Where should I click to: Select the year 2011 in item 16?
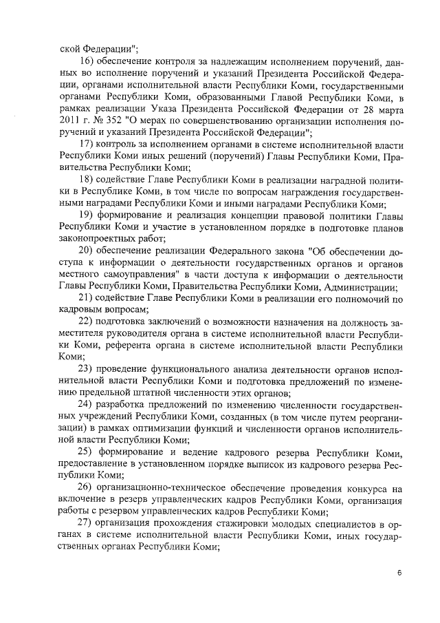69,116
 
